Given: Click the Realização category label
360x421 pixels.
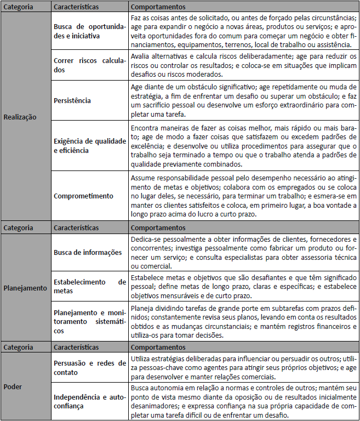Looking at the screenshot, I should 20,117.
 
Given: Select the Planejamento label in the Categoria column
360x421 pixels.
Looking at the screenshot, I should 25,287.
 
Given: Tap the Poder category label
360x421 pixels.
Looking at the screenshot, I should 13,386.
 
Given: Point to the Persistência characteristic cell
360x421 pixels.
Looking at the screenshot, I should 72,101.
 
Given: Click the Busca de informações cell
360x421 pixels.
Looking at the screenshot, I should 88,252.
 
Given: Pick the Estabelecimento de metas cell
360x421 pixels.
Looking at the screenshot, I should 89,286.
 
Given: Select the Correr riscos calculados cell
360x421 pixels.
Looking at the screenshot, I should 89,65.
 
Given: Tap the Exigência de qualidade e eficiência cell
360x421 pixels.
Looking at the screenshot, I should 89,145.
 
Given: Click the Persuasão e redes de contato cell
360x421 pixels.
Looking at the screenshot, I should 89,368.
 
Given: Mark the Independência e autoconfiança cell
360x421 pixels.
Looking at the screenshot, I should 89,401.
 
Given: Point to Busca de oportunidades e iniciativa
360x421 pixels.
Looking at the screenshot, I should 89,31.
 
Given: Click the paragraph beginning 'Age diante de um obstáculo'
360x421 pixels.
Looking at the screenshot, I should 243,100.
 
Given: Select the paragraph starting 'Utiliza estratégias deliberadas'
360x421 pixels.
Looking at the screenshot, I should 243,367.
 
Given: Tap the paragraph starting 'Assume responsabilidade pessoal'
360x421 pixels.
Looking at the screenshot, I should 243,196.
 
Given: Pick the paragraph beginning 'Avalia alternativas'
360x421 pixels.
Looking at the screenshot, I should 243,65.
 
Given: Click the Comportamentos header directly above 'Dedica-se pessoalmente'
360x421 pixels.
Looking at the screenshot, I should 158,227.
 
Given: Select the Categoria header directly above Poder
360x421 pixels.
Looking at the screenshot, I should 18,348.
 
